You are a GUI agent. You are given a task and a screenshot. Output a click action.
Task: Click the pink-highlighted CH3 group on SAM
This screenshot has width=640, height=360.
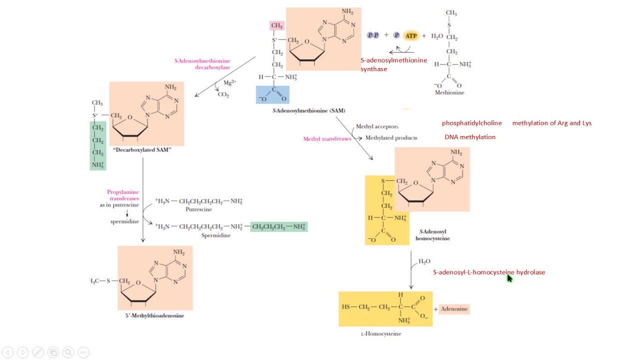click(x=277, y=25)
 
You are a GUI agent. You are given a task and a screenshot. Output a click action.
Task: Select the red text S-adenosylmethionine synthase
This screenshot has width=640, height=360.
click(x=393, y=64)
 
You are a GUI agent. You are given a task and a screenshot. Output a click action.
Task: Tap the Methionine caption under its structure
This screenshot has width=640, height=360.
click(x=449, y=92)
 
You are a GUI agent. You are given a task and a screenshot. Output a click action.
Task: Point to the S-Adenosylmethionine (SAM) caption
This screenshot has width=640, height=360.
click(x=308, y=110)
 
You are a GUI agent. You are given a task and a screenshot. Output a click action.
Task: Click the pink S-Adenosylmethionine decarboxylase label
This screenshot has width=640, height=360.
click(x=202, y=64)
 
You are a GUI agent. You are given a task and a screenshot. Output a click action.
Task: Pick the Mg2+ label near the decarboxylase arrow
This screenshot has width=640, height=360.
click(x=229, y=82)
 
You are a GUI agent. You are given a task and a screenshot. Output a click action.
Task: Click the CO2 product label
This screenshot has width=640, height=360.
click(x=223, y=94)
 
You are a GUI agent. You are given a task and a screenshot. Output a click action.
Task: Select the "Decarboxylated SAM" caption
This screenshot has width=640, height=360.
click(x=142, y=150)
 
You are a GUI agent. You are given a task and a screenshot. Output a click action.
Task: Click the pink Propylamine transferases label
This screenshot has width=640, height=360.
click(x=123, y=195)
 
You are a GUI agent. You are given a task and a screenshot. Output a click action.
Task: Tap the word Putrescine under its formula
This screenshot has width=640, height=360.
click(x=198, y=209)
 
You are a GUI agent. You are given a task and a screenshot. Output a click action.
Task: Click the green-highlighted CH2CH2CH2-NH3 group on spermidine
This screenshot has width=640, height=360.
click(x=278, y=227)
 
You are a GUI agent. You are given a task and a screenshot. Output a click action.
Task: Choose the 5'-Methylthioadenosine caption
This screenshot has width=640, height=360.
click(x=154, y=315)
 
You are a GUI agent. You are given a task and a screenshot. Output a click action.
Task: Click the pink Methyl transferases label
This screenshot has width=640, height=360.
click(x=327, y=139)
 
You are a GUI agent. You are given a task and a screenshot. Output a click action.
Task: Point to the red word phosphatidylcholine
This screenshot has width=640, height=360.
click(x=471, y=123)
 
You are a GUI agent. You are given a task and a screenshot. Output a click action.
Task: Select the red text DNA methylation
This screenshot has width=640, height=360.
click(x=470, y=137)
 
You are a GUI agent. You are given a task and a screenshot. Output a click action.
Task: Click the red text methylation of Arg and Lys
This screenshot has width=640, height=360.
click(x=551, y=123)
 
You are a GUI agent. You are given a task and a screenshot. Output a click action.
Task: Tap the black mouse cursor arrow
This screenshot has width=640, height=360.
click(x=509, y=278)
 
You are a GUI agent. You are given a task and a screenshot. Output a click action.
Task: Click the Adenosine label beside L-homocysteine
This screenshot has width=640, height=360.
click(x=454, y=309)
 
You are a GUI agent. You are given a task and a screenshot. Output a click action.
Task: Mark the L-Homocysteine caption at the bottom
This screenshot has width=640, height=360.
click(x=380, y=333)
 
